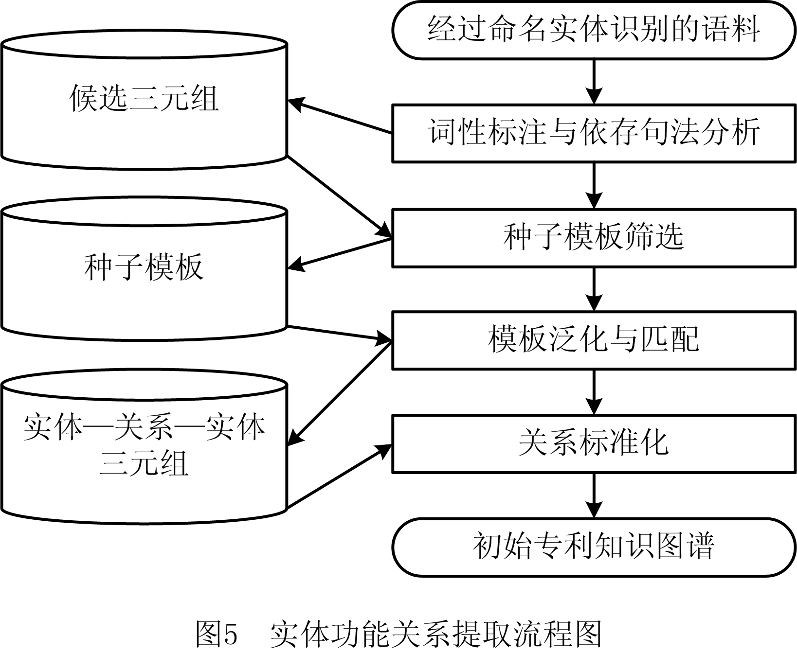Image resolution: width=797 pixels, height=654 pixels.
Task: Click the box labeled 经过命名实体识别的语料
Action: [594, 30]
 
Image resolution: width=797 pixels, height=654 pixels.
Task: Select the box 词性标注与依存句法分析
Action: [594, 133]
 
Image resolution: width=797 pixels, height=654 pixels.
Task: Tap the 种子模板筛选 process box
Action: [594, 238]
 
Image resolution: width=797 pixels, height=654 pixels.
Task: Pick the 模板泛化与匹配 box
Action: [594, 340]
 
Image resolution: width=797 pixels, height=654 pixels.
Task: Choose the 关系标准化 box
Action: [594, 443]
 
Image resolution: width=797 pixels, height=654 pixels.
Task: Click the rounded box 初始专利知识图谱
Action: [594, 547]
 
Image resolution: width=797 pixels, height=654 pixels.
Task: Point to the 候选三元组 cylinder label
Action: [144, 99]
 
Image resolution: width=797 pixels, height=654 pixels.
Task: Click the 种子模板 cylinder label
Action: [144, 267]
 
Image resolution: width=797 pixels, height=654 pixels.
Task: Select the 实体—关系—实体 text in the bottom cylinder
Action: [144, 428]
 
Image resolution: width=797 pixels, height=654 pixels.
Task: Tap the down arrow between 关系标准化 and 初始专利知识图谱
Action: [594, 495]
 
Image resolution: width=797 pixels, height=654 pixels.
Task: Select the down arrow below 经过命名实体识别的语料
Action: [594, 81]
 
